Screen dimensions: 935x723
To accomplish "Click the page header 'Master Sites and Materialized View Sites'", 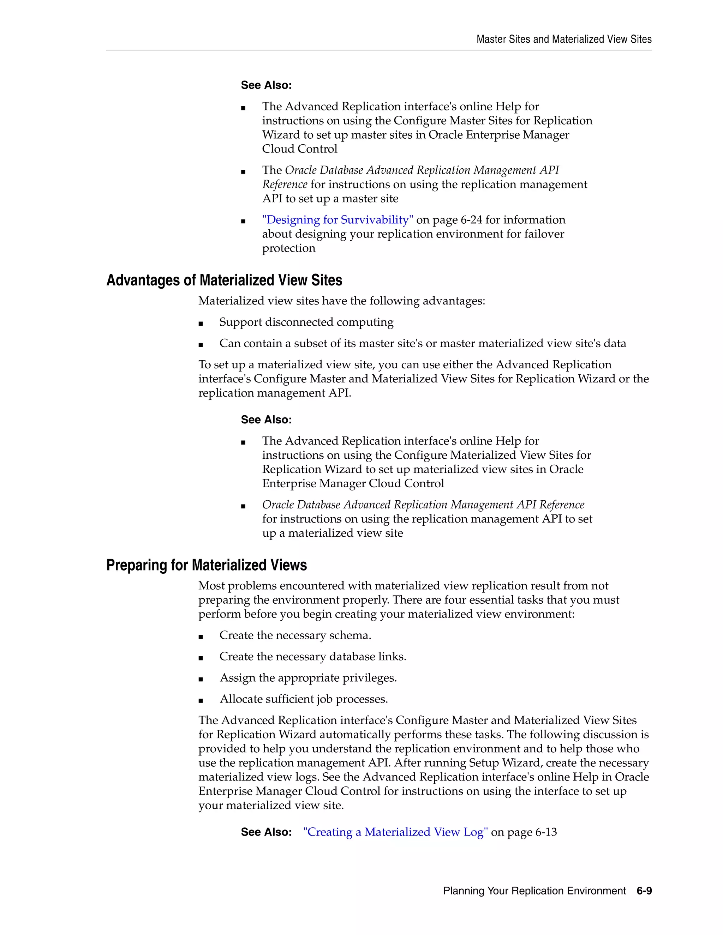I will point(564,40).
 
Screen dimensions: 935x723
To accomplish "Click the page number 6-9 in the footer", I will point(644,891).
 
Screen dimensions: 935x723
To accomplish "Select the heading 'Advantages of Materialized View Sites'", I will point(224,280).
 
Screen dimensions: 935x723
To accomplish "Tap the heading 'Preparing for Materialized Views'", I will point(207,565).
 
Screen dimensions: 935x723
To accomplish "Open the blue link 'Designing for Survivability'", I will point(337,220).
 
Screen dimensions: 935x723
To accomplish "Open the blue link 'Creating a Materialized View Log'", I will point(395,832).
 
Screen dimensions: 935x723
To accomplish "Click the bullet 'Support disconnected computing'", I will point(306,322).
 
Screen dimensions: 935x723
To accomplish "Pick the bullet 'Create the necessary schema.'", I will point(295,635).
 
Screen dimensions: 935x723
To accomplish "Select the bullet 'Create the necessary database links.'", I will point(313,657).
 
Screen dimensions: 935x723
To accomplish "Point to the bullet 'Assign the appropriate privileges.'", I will point(308,678).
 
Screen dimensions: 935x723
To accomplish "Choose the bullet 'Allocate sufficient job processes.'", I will point(304,699).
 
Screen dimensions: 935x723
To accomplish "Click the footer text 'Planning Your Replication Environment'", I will point(534,891).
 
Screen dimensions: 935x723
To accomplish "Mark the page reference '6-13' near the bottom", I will point(546,832).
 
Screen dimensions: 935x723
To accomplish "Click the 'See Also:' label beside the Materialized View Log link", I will point(266,832).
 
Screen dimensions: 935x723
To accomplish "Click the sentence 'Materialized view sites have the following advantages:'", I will point(341,301).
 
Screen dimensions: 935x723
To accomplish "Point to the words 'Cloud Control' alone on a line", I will point(299,149).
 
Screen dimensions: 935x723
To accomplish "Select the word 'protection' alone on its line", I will point(288,248).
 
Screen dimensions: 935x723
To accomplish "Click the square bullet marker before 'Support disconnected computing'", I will point(201,324).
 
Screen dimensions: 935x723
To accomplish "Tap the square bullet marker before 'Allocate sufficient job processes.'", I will point(201,700).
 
